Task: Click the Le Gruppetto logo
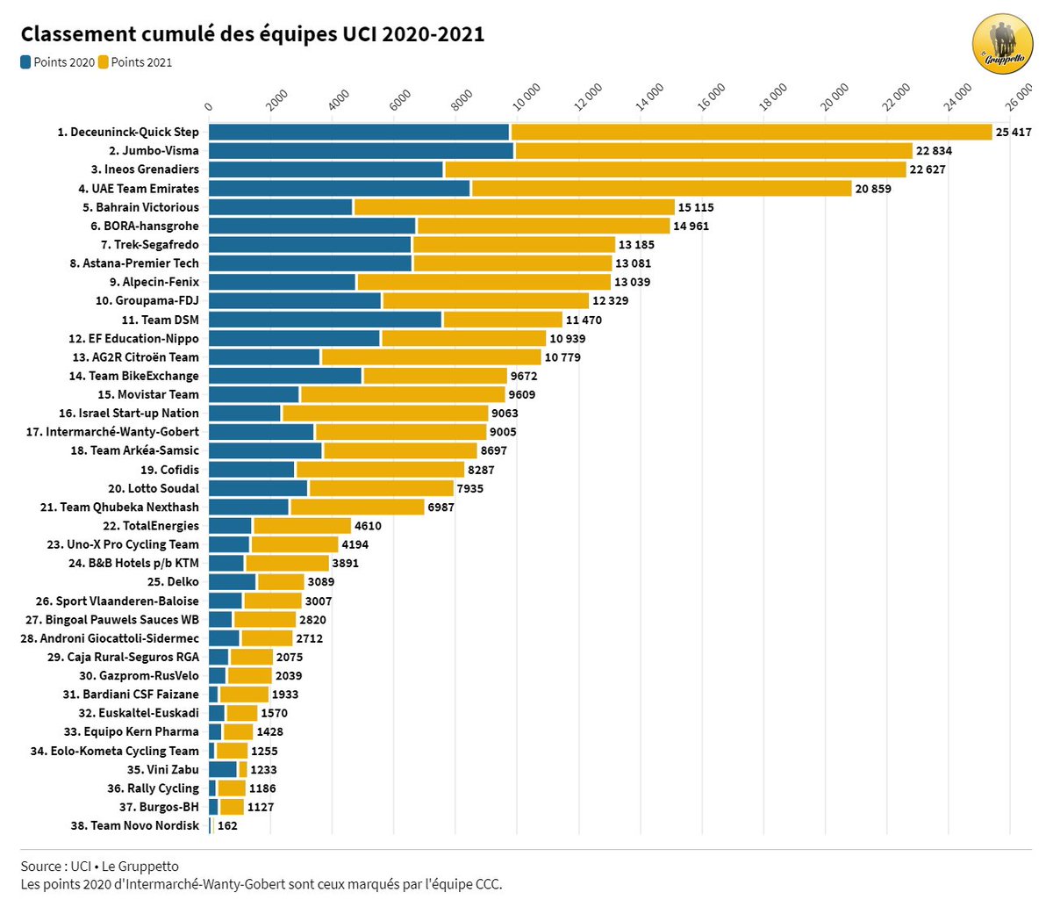[1002, 45]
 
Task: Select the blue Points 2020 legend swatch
[26, 62]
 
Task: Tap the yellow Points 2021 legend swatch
[104, 62]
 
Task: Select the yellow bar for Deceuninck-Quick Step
[750, 132]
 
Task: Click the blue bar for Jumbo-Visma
[361, 151]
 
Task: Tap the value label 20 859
[873, 189]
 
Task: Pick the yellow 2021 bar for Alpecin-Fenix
[484, 282]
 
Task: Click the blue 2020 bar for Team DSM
[326, 320]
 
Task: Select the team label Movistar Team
[148, 394]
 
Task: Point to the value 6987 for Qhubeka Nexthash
[441, 507]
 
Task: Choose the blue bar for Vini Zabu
[223, 769]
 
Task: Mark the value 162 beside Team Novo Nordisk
[227, 825]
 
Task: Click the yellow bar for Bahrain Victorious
[513, 207]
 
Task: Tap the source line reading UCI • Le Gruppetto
[99, 867]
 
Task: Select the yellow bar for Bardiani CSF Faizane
[243, 694]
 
